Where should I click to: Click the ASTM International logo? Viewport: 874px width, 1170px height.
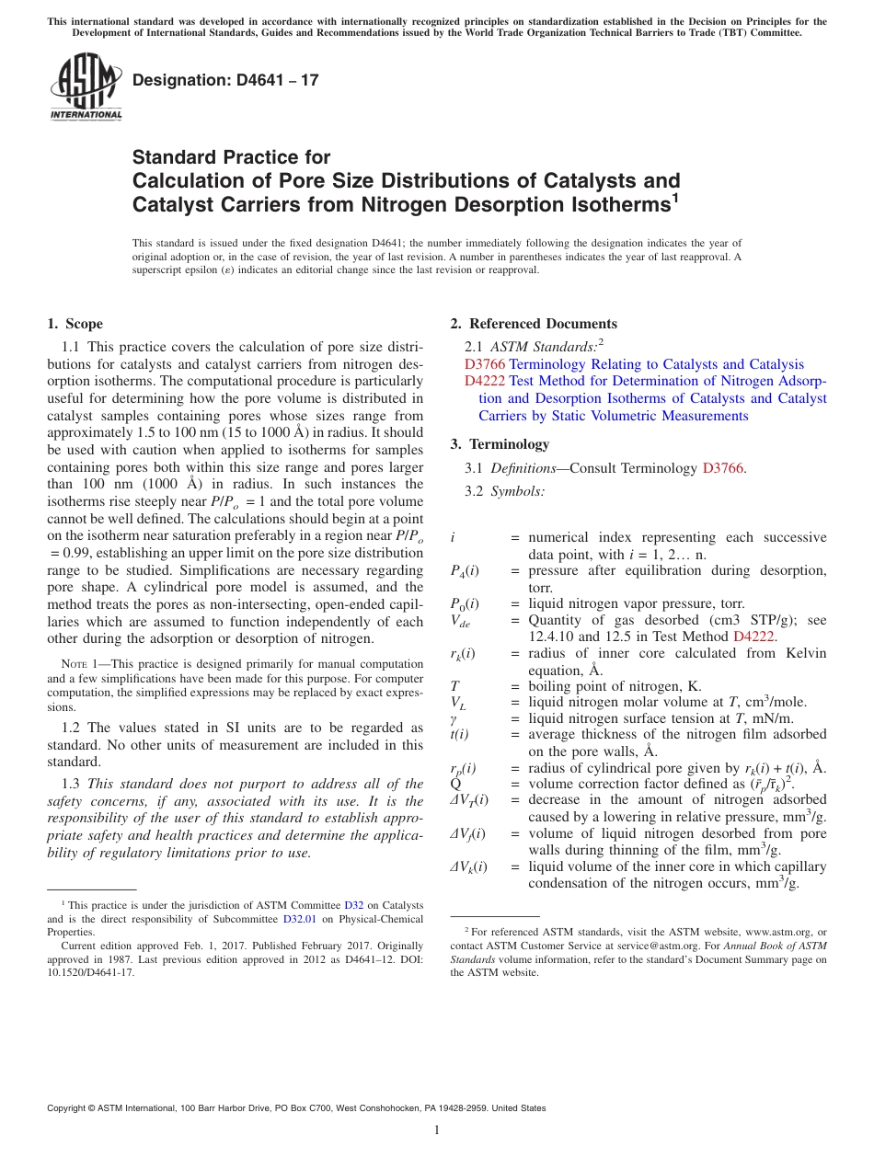86,88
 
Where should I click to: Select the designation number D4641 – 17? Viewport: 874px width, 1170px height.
225,80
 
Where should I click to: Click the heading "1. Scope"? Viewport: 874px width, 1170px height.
75,324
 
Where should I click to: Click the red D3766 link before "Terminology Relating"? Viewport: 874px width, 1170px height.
485,365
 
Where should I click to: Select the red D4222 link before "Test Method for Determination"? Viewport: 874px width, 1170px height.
485,382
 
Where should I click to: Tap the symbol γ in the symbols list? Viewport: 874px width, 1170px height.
454,718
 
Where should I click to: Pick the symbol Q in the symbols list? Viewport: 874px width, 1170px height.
455,785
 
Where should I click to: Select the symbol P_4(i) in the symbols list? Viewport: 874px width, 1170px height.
464,571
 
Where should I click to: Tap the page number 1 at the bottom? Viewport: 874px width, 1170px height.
437,1130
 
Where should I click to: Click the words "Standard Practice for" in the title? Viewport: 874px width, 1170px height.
231,157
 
